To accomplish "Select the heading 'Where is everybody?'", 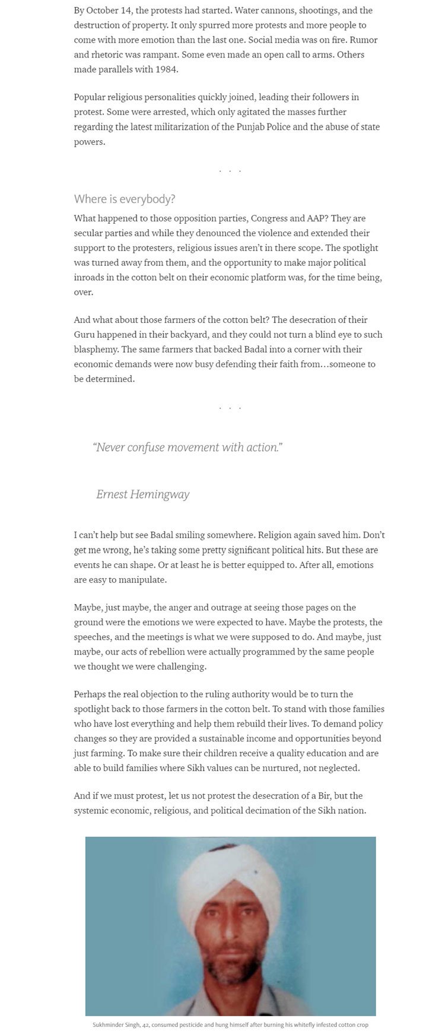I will (125, 198).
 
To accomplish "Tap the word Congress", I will (269, 218).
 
